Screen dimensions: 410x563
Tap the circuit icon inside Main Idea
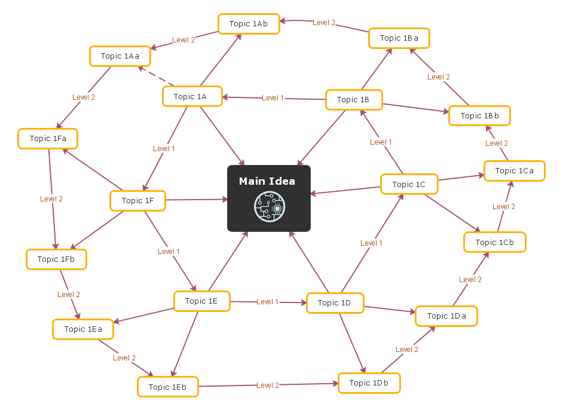(x=269, y=207)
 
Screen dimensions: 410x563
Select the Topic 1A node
(x=192, y=96)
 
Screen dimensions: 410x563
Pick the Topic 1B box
(x=354, y=100)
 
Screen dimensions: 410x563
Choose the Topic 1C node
(x=409, y=185)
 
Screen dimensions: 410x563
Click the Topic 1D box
(x=335, y=303)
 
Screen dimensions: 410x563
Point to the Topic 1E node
(x=201, y=301)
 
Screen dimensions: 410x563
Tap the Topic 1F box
(x=137, y=201)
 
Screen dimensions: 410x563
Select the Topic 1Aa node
(x=120, y=56)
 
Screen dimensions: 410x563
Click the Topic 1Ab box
(x=248, y=24)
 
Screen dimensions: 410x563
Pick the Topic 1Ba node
(x=399, y=38)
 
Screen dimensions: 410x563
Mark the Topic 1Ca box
(x=514, y=171)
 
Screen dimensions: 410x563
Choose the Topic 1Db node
(x=369, y=383)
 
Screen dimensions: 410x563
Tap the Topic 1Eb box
(x=167, y=387)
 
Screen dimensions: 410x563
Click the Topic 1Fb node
(x=56, y=259)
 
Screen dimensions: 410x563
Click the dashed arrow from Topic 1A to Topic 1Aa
(x=157, y=77)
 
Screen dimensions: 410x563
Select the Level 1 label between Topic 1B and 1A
(x=273, y=98)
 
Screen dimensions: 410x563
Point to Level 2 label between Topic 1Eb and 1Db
(x=268, y=385)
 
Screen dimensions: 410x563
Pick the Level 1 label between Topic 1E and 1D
(x=267, y=302)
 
